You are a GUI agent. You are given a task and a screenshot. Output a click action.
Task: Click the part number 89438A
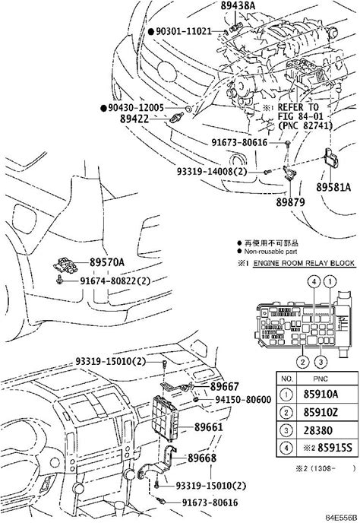pos(238,5)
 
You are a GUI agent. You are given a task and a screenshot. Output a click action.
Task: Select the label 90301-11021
pos(184,31)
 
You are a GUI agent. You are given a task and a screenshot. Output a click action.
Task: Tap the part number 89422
pos(134,119)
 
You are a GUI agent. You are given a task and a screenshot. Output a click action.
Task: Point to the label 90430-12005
pos(137,108)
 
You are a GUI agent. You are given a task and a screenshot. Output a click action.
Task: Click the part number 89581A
pos(333,187)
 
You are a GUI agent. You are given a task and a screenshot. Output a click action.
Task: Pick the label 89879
pos(290,201)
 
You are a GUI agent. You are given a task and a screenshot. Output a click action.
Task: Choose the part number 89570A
pos(106,262)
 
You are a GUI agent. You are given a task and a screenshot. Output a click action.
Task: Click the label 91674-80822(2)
pos(115,281)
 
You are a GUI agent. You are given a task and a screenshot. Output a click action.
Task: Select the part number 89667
pos(224,386)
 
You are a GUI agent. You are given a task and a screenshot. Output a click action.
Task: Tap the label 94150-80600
pos(243,399)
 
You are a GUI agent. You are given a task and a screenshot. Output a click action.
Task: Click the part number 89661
pos(209,427)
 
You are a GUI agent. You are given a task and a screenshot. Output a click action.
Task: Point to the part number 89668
pos(202,458)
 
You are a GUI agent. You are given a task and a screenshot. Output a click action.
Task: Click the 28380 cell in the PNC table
pos(318,430)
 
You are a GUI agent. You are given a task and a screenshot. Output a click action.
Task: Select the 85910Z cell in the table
pos(321,412)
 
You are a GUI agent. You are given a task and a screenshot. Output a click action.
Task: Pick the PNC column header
pos(321,379)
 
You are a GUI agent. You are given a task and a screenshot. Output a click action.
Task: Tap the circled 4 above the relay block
pos(314,282)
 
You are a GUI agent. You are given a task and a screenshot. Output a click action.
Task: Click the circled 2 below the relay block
pos(303,362)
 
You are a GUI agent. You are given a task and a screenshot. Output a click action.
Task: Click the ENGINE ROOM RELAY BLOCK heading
pos(304,263)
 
